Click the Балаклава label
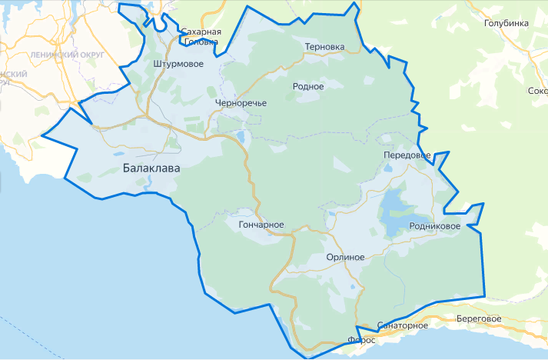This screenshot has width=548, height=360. click(151, 168)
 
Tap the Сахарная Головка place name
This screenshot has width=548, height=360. click(201, 37)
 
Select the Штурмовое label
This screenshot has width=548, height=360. click(178, 64)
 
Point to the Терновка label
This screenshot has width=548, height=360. click(324, 47)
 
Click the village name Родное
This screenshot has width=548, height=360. click(308, 87)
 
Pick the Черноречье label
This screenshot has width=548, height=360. click(241, 103)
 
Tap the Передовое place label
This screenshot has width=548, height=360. click(407, 155)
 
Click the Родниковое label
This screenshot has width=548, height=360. click(435, 226)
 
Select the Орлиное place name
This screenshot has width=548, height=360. click(344, 258)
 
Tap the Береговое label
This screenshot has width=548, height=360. click(478, 318)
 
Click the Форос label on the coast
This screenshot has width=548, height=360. click(361, 339)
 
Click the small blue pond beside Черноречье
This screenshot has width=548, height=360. click(241, 138)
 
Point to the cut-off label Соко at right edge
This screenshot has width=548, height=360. click(537, 91)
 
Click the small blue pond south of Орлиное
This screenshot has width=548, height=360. click(353, 288)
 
